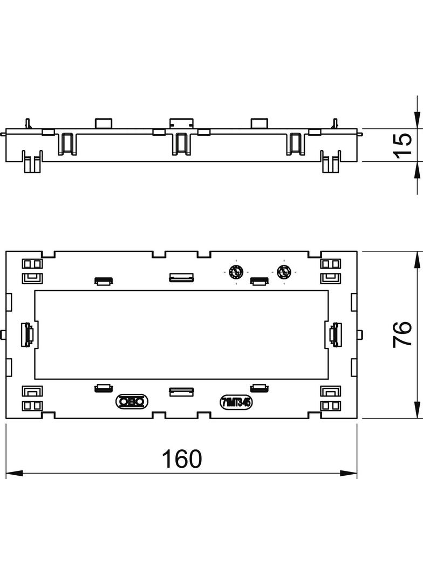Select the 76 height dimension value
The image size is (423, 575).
point(403,334)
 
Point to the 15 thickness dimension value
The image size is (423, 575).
point(403,146)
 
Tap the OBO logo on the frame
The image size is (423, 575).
point(132,401)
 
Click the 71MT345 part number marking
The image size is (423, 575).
point(236,401)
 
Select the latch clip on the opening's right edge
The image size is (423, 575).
point(335,334)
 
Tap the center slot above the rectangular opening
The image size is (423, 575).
point(181,278)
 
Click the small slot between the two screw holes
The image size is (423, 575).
point(259,280)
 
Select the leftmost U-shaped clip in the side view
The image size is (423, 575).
point(67,143)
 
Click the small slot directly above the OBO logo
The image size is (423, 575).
point(103,387)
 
